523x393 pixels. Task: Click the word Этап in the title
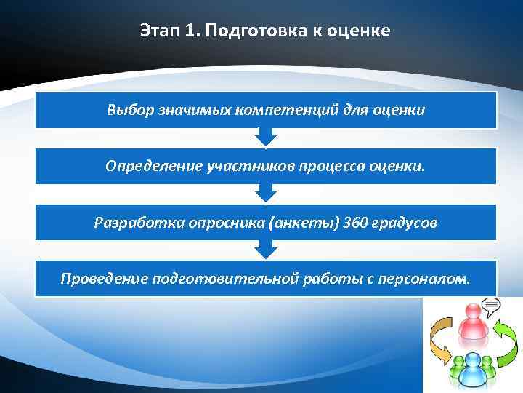[x=158, y=31]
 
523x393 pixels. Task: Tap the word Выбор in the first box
[x=125, y=111]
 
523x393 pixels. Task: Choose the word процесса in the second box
[x=327, y=166]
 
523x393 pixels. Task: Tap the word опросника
[x=219, y=222]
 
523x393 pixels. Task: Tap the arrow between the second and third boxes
[x=266, y=194]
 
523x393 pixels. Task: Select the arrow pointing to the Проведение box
[x=266, y=250]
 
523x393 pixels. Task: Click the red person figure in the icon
[x=471, y=325]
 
